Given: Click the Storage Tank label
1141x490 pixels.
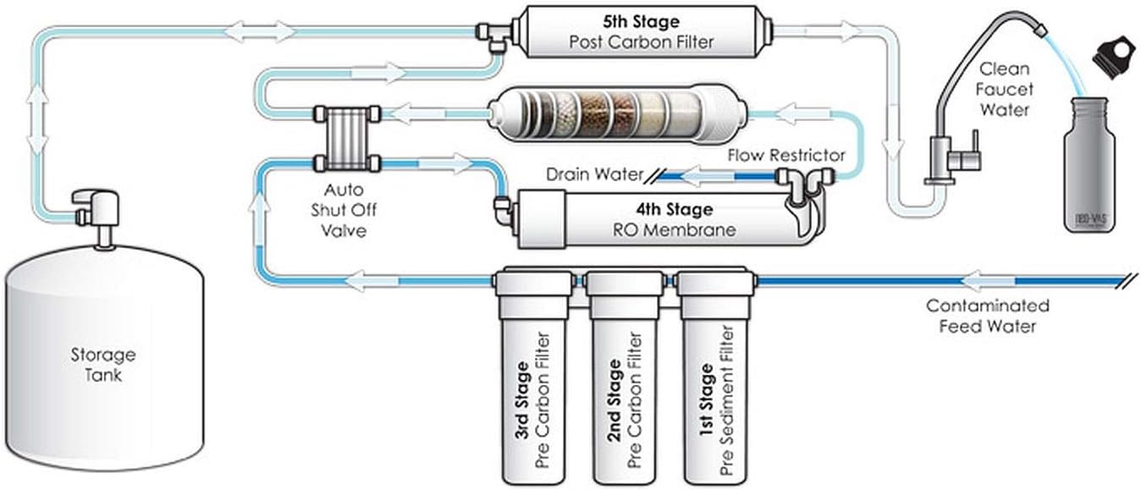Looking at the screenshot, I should [102, 364].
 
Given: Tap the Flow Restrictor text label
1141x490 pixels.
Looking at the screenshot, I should [786, 155].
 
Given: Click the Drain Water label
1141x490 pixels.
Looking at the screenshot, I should [591, 175].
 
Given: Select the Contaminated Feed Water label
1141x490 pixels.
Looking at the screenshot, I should [987, 316].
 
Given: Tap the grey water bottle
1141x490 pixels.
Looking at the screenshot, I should [1089, 165].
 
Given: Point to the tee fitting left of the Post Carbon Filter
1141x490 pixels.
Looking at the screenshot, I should [489, 34].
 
